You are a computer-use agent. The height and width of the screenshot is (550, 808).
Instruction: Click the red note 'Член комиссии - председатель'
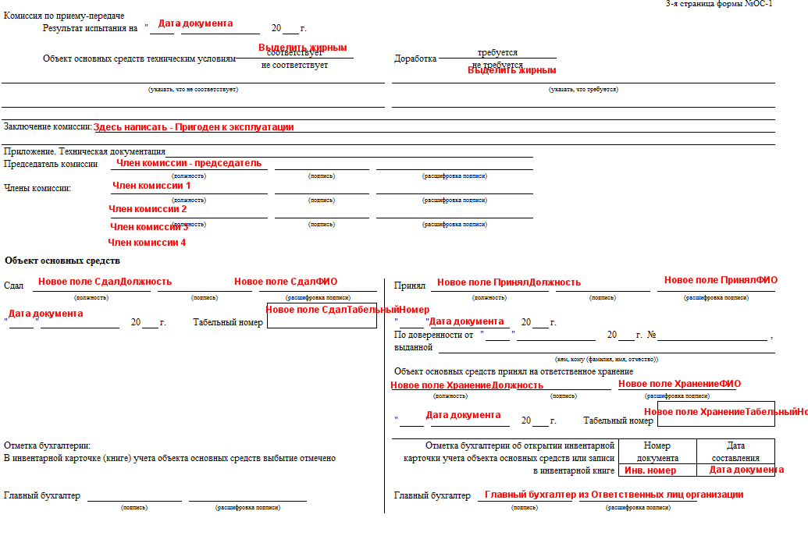[189, 163]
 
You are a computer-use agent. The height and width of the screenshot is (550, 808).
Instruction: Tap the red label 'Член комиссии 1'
[151, 186]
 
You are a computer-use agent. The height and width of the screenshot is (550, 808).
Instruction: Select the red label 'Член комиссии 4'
[147, 243]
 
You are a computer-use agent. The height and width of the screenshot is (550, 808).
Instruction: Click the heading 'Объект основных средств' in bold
[62, 261]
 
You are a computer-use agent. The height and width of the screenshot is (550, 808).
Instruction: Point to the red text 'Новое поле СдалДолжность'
[105, 282]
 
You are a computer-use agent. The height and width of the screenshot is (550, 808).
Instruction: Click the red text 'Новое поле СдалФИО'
[286, 282]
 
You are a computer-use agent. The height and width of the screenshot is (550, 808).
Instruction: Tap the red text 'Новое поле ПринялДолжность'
[509, 282]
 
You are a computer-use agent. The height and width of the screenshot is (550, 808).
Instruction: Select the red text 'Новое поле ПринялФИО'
[721, 280]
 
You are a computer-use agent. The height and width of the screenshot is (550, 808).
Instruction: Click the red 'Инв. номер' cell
[650, 470]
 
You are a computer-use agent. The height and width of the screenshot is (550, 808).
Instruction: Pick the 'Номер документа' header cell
[657, 452]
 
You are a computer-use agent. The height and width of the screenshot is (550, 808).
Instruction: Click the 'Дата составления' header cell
[735, 452]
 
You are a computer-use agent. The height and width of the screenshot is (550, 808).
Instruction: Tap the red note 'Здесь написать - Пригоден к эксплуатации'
[194, 127]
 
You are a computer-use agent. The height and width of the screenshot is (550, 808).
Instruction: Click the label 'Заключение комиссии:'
[48, 126]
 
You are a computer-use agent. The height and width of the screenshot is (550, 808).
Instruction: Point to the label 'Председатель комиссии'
[51, 164]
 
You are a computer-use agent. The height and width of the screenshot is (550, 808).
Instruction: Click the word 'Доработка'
[415, 59]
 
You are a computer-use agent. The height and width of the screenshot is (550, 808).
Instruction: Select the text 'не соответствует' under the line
[294, 65]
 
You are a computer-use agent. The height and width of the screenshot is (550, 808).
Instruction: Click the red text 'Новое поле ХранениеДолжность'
[467, 385]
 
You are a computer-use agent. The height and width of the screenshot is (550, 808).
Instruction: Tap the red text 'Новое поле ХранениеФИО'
[679, 384]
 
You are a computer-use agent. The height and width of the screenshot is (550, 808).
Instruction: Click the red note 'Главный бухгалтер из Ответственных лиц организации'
[614, 495]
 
